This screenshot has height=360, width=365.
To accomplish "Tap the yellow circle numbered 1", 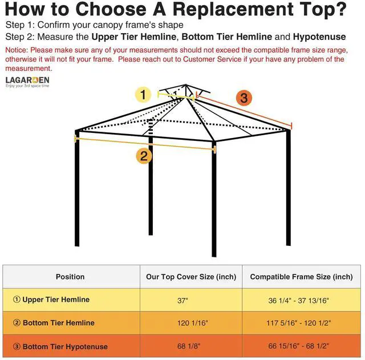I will click(x=143, y=94).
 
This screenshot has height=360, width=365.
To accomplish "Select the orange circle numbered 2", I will click(x=144, y=156).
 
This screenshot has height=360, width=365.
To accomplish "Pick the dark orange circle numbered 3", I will click(x=244, y=98).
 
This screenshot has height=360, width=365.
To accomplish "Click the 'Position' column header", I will click(x=70, y=277).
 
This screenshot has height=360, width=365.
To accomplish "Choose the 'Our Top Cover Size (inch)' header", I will click(x=191, y=277).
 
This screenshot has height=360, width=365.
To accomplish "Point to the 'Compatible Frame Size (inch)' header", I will click(x=301, y=277).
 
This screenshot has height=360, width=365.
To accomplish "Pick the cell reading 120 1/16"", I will click(x=192, y=323).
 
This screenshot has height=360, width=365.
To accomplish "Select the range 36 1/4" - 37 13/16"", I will click(x=298, y=300).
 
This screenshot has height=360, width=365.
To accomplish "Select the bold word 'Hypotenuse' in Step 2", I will click(x=319, y=37).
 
